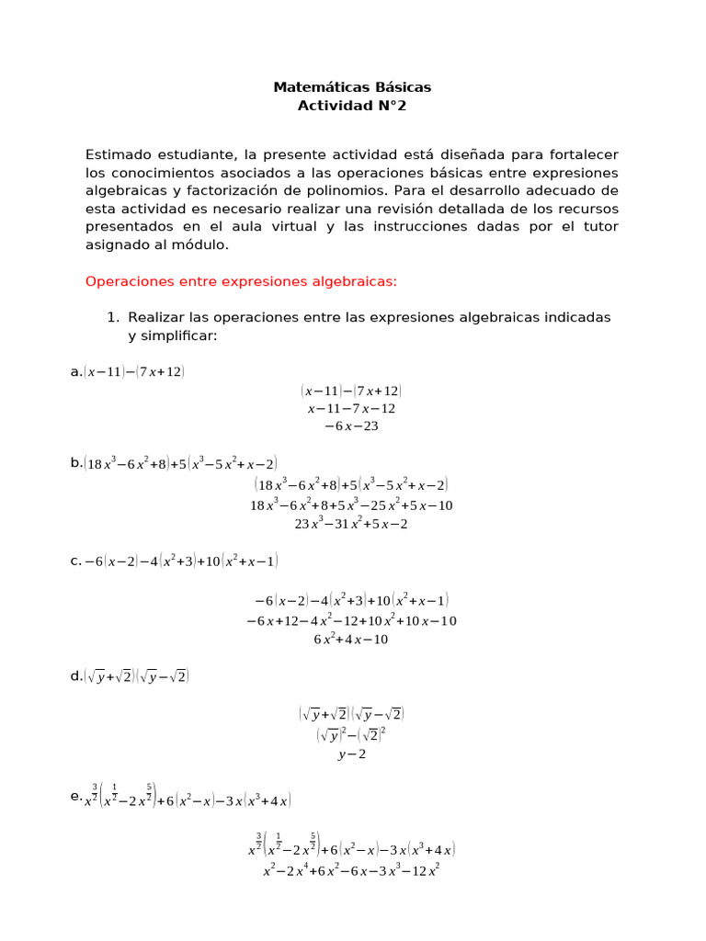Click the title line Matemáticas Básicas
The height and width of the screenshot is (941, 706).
352,87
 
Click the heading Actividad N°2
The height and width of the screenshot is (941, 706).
352,106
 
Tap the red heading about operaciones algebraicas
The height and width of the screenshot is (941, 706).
241,281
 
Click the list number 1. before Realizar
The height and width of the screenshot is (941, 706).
113,317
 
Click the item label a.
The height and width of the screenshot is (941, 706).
75,371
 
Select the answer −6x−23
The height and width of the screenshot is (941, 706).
351,426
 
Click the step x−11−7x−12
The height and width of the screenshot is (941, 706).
351,408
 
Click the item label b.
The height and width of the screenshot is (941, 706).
76,463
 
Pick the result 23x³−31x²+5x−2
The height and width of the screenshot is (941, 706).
351,524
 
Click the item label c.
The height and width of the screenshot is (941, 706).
75,560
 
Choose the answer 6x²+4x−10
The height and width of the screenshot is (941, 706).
351,640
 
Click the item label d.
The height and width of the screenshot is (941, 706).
76,677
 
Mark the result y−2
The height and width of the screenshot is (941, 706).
351,754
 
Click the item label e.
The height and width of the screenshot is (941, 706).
76,798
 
